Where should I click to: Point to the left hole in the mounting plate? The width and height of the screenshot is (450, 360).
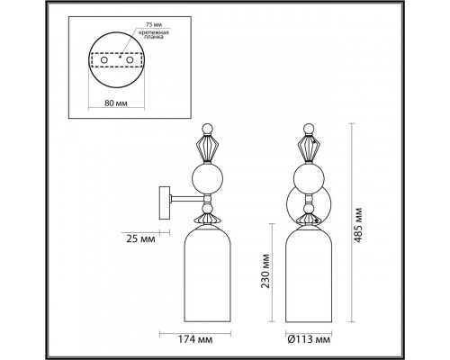(101, 62)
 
